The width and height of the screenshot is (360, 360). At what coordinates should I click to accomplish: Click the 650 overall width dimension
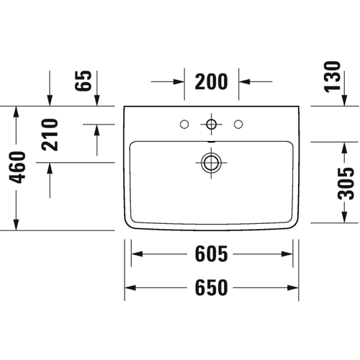(211, 287)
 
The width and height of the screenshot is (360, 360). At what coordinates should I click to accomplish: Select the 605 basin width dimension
(211, 253)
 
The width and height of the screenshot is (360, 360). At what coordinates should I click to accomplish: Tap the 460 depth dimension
(17, 167)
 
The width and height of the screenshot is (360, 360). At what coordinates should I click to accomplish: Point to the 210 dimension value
(50, 135)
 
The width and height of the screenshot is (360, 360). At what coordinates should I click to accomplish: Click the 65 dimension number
(83, 81)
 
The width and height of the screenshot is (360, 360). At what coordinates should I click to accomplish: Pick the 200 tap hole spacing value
(211, 81)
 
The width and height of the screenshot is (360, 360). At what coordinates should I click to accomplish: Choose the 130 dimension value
(333, 77)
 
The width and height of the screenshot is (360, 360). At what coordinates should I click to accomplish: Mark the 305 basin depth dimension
(346, 184)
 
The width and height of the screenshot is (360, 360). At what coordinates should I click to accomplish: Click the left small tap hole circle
(184, 124)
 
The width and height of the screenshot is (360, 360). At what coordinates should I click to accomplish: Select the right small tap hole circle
(238, 124)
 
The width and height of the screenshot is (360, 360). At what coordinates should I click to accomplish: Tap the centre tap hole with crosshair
(211, 124)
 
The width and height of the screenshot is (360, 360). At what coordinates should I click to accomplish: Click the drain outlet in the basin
(211, 163)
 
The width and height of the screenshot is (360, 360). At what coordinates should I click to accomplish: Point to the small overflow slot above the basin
(211, 142)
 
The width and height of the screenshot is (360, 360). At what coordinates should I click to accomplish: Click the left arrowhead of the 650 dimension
(130, 287)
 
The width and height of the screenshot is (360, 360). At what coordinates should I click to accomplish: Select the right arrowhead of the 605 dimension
(287, 253)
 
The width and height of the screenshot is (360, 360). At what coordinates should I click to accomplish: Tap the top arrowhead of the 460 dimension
(16, 112)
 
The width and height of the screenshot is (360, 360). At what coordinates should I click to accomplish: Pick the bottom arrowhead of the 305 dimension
(344, 217)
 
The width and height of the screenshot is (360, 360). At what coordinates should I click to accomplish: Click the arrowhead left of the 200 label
(179, 81)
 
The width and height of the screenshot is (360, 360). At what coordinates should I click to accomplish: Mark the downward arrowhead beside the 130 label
(344, 100)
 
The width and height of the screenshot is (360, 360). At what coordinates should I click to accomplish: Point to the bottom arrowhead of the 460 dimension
(16, 225)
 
